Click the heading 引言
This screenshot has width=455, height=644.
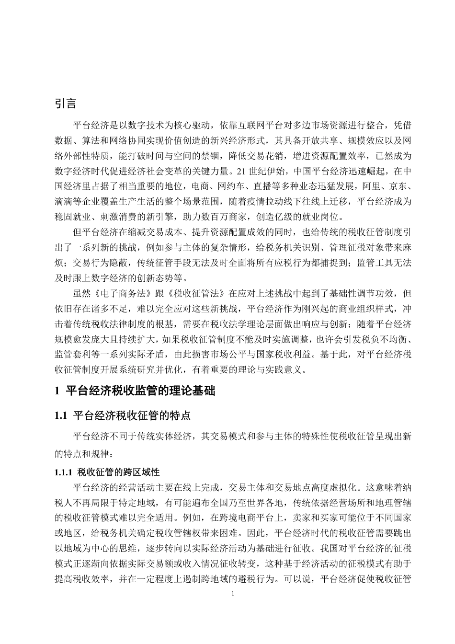(x=66, y=103)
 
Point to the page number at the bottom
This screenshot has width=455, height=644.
(x=233, y=594)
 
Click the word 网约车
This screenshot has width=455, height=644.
(x=229, y=186)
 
